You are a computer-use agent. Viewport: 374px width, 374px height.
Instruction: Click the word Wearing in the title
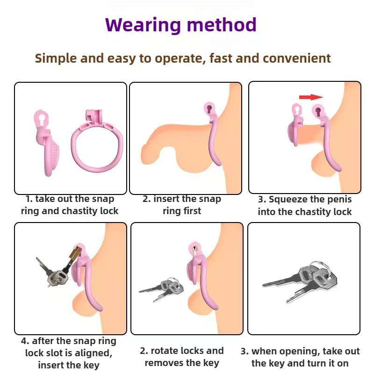click(143, 25)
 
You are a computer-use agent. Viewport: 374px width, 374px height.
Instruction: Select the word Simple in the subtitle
click(56, 59)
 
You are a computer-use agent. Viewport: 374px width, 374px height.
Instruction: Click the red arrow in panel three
click(311, 97)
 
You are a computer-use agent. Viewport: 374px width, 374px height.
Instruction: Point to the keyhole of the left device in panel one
click(42, 119)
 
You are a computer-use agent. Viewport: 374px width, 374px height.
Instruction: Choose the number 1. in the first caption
click(29, 199)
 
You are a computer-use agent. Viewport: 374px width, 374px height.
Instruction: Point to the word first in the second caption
click(192, 211)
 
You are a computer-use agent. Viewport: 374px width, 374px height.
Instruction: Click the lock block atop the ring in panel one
click(94, 117)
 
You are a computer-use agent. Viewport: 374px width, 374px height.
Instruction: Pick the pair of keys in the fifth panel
click(161, 288)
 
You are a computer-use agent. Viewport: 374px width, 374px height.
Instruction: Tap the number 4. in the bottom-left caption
click(25, 341)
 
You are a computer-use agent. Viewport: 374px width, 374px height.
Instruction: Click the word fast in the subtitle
click(220, 58)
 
